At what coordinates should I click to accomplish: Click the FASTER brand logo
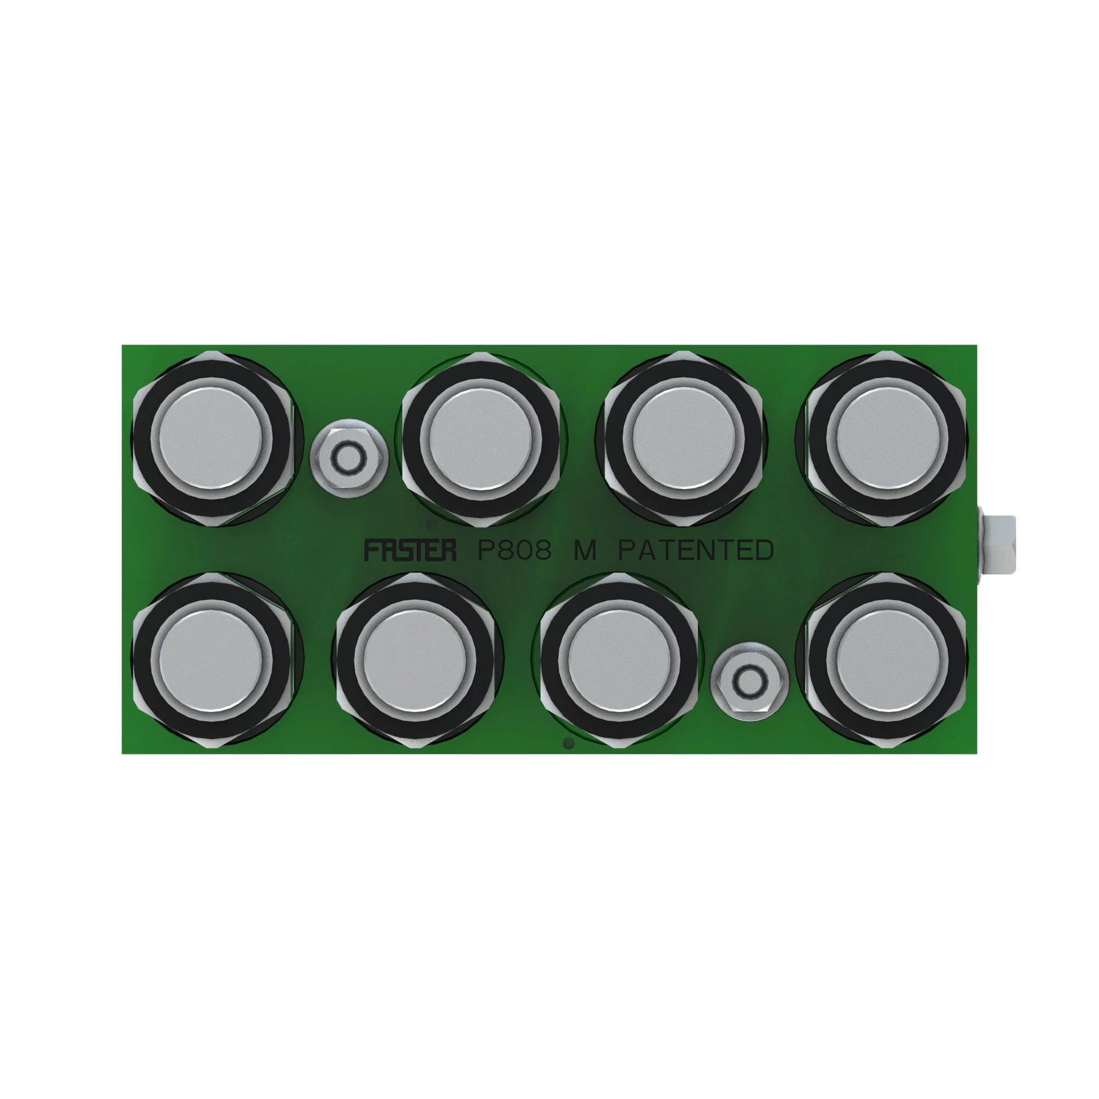point(409,550)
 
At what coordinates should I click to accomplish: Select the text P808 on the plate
point(515,550)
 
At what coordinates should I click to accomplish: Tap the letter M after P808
point(584,550)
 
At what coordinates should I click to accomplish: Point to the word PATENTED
point(696,550)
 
